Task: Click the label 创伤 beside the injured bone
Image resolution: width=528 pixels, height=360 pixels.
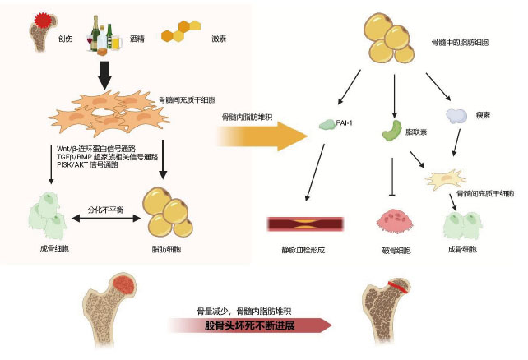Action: [x=65, y=39]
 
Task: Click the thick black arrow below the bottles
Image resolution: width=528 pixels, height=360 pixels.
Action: [x=105, y=76]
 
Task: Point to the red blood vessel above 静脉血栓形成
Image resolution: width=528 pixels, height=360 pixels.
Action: [x=304, y=222]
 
